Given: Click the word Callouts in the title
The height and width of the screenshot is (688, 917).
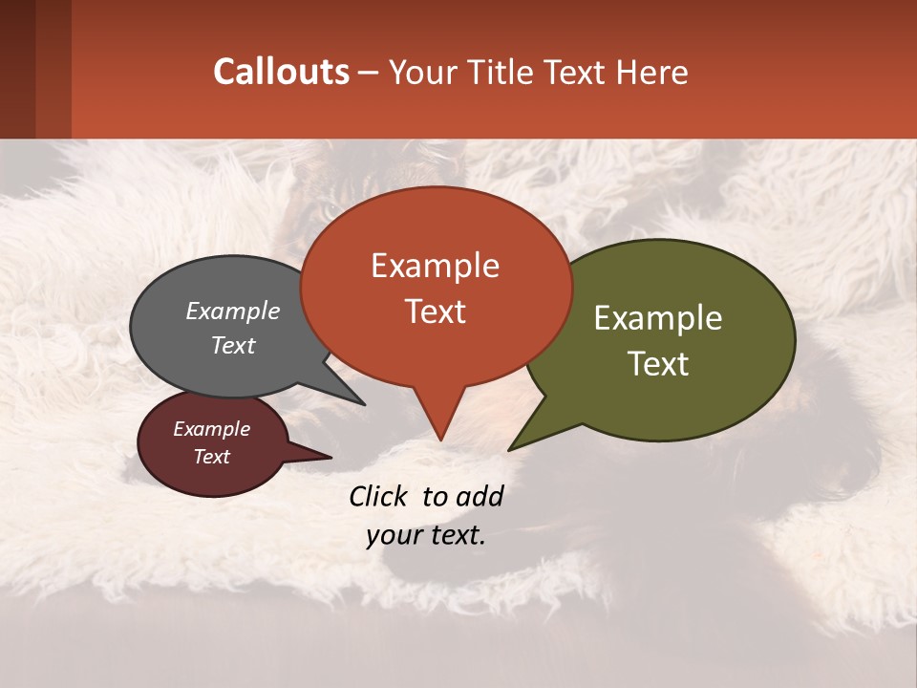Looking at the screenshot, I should (x=281, y=73).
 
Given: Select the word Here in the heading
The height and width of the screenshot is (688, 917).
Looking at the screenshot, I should (x=653, y=73).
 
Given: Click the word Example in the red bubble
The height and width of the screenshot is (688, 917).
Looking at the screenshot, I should (x=435, y=266).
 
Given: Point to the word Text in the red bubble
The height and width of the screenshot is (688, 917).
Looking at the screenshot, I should (x=435, y=312).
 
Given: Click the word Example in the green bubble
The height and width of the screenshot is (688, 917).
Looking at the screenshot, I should (x=658, y=318).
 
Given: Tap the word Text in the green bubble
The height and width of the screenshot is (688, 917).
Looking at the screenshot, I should (x=658, y=364).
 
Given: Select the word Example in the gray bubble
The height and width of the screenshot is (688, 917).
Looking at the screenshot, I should (x=233, y=311).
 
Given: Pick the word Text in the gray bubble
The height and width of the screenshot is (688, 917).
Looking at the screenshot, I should (x=233, y=345).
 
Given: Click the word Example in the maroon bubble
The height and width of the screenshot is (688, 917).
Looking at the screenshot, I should (x=211, y=429).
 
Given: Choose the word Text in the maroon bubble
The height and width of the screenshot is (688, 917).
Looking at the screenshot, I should (x=211, y=457).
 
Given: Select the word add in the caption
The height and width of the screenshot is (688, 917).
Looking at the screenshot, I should (x=480, y=496).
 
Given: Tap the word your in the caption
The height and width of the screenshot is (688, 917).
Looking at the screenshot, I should (x=393, y=535).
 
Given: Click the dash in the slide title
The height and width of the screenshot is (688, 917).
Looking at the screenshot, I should (x=368, y=73).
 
